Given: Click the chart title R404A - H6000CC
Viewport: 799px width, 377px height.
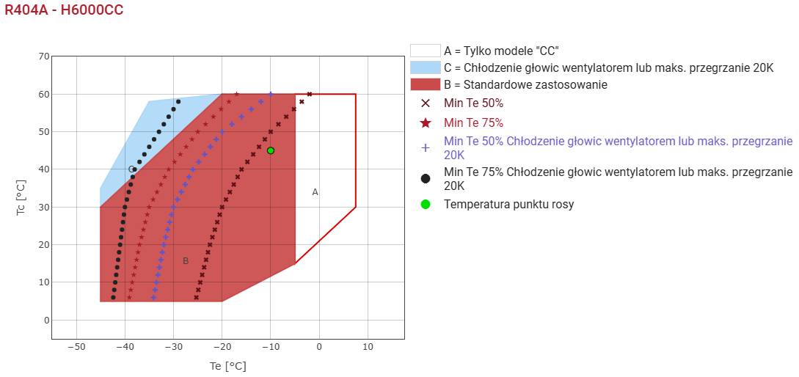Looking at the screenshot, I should point(64,10).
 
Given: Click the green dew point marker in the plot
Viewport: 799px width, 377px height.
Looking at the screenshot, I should point(271,150).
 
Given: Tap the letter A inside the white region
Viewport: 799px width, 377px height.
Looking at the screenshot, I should point(315,192).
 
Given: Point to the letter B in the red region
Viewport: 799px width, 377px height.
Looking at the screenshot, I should point(186,261).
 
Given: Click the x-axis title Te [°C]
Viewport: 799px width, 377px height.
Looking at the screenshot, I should point(227,366).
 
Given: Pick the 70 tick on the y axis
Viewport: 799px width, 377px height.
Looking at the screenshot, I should point(43,56).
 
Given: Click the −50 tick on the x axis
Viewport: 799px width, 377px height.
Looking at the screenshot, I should point(76,347).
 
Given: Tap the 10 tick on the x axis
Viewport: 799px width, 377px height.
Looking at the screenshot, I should point(368,347).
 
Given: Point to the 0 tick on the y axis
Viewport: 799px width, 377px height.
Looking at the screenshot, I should point(46,321).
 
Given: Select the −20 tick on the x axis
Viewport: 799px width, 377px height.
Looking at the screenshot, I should point(222,347).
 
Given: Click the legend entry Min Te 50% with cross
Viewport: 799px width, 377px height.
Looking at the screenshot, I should point(473,103).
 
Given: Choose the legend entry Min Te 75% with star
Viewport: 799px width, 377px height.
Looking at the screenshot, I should point(473,122).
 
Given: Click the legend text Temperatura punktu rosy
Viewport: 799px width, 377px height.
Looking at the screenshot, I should point(508,204).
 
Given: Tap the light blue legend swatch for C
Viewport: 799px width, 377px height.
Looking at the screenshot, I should point(426,67).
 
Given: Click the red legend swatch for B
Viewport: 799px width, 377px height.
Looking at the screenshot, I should point(426,84).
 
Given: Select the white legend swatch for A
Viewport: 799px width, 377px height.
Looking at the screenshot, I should point(426,51).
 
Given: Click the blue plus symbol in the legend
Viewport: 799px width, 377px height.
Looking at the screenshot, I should point(426,148).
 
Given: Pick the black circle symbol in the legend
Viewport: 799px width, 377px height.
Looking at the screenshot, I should point(426,178).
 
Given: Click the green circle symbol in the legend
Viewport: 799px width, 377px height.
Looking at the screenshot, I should point(426,204).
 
